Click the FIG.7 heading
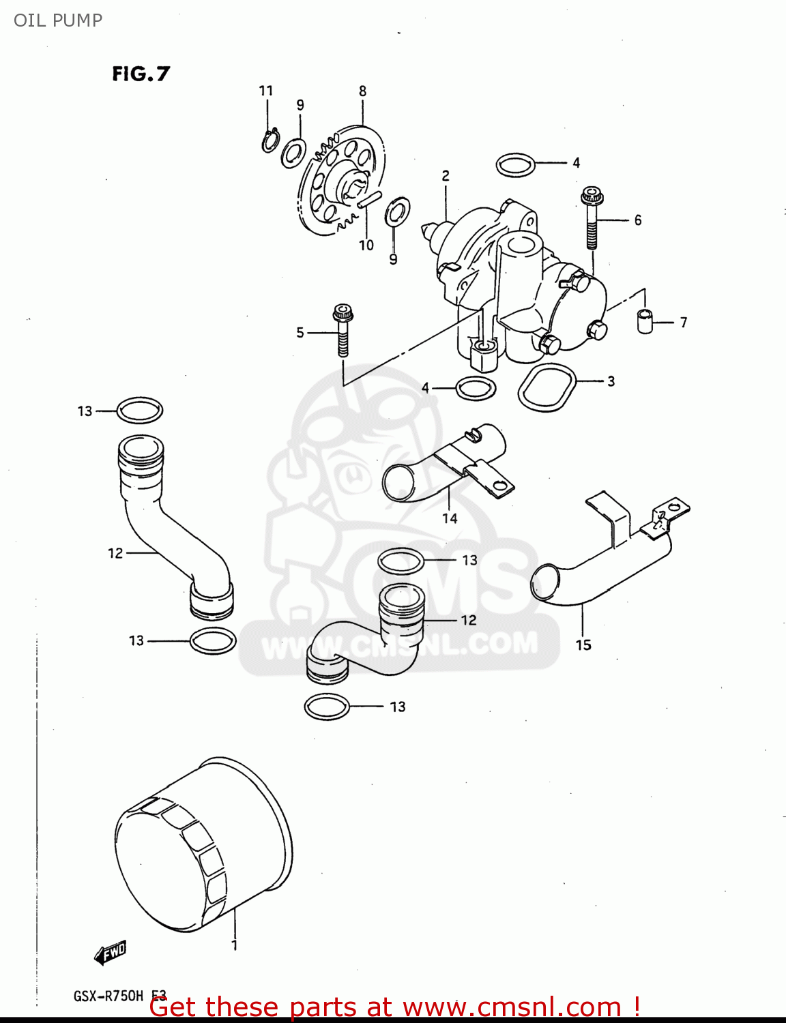[x=141, y=74]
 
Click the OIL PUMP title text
[x=58, y=20]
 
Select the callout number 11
[x=266, y=91]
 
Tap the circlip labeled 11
[x=270, y=140]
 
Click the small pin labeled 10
[x=369, y=200]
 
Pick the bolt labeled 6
[x=591, y=218]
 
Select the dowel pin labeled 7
[x=645, y=321]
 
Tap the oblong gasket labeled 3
[x=547, y=388]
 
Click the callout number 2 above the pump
[x=446, y=176]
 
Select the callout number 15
[x=583, y=644]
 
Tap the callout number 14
[x=450, y=518]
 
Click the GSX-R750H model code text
[x=109, y=996]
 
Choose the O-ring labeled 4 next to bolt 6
[x=515, y=164]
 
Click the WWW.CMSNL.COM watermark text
[x=399, y=645]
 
